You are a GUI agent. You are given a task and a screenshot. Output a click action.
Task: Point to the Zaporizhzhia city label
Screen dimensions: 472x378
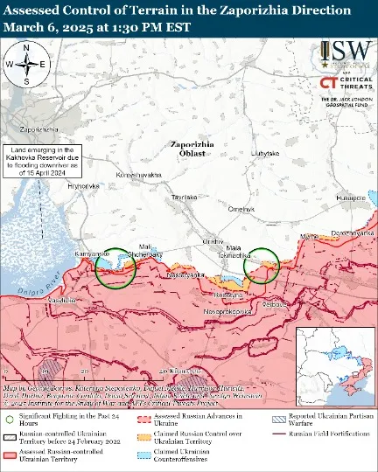pyautogui.click(x=40, y=116)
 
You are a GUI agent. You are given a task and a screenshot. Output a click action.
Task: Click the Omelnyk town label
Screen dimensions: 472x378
pyautogui.click(x=241, y=208)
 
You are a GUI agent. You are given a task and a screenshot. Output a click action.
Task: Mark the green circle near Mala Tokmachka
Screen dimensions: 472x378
pyautogui.click(x=262, y=266)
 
